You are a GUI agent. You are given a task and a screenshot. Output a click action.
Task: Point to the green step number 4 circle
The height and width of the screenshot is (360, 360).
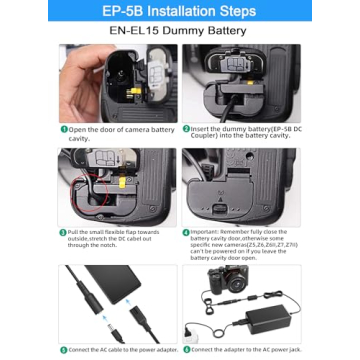(186, 231)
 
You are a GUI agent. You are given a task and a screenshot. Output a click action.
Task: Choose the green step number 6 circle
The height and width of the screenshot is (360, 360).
(186, 349)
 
